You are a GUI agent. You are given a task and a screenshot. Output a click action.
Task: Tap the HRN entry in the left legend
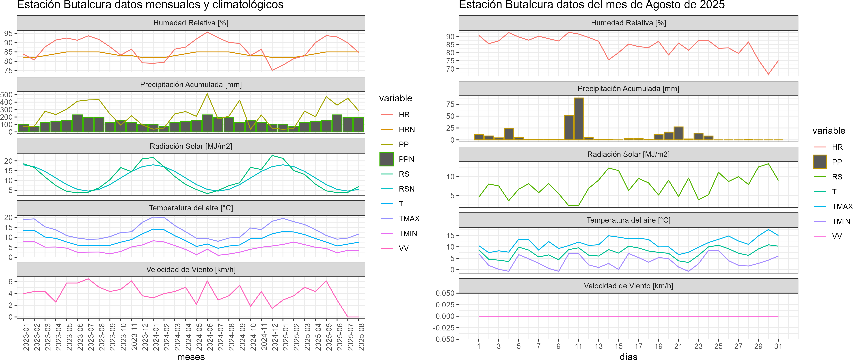point(407,129)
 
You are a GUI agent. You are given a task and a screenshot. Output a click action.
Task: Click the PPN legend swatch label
point(406,159)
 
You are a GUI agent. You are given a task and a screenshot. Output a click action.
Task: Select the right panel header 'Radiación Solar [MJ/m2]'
point(628,154)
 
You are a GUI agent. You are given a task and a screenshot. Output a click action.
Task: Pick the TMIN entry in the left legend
point(408,233)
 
